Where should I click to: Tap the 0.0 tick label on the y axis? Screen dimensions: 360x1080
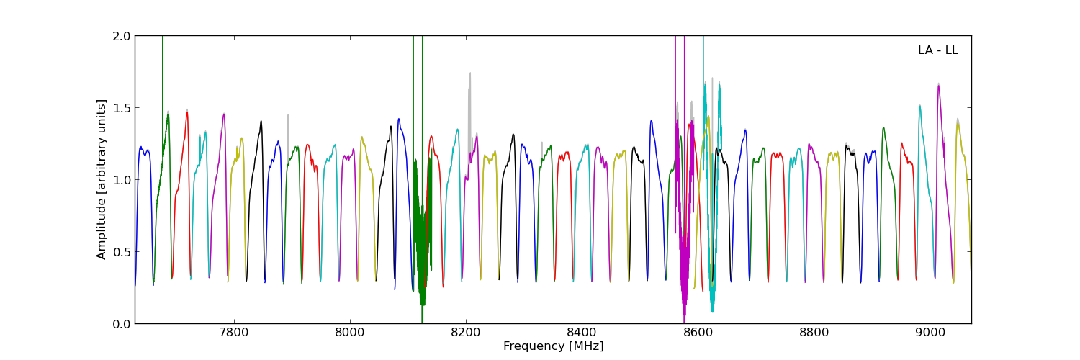pyautogui.click(x=122, y=324)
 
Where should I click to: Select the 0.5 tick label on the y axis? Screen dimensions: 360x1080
pyautogui.click(x=122, y=252)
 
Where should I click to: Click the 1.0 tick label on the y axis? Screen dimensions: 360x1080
pyautogui.click(x=122, y=180)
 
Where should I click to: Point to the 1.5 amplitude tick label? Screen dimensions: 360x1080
pyautogui.click(x=122, y=108)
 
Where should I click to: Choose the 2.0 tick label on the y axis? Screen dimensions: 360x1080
pyautogui.click(x=122, y=36)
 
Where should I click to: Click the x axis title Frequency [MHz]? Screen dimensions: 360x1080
pyautogui.click(x=553, y=346)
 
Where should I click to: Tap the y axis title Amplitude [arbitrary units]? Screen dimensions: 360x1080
pyautogui.click(x=102, y=179)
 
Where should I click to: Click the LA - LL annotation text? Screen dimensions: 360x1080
pyautogui.click(x=937, y=50)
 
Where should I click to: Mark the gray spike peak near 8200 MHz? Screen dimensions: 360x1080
pyautogui.click(x=470, y=73)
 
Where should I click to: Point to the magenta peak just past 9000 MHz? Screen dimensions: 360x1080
pyautogui.click(x=938, y=84)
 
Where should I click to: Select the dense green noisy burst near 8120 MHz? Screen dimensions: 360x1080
pyautogui.click(x=420, y=230)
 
